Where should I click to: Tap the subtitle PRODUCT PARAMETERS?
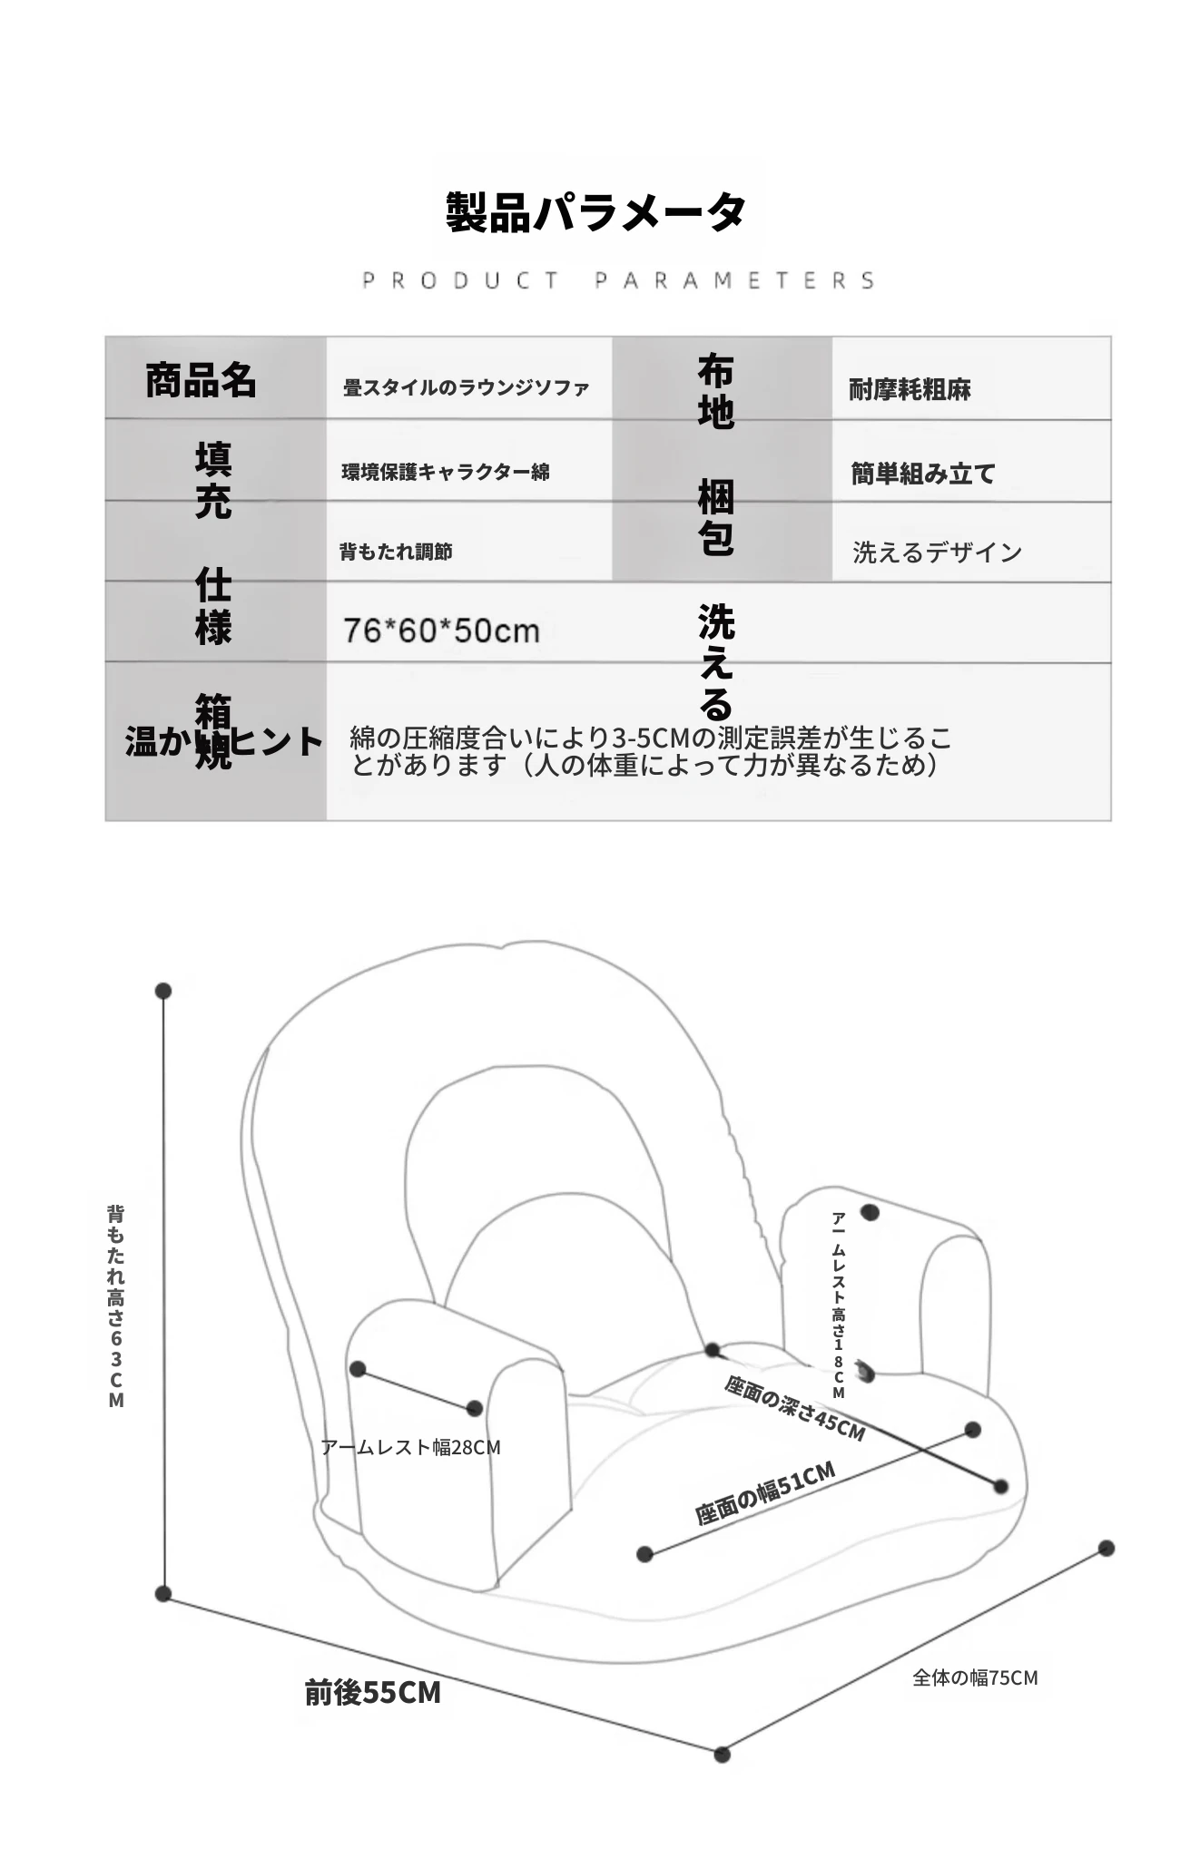[x=619, y=280]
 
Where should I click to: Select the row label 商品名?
[x=201, y=380]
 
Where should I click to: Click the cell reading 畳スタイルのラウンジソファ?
[x=466, y=388]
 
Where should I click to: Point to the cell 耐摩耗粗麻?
[x=910, y=390]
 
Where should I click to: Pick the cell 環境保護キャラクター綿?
[x=446, y=472]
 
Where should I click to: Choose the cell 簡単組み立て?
[x=923, y=474]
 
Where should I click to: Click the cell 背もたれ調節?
[x=396, y=552]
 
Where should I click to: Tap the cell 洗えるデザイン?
[x=937, y=553]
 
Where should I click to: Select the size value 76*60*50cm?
[x=441, y=631]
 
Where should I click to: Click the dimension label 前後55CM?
[x=373, y=1692]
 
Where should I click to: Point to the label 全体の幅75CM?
[x=975, y=1677]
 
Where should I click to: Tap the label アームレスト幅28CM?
[x=410, y=1447]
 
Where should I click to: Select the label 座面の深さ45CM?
[x=794, y=1408]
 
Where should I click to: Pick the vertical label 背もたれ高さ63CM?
[x=116, y=1306]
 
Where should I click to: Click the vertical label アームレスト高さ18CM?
[x=839, y=1305]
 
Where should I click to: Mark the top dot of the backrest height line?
[x=163, y=991]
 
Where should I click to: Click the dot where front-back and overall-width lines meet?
[x=723, y=1755]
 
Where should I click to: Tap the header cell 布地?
[x=715, y=391]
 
